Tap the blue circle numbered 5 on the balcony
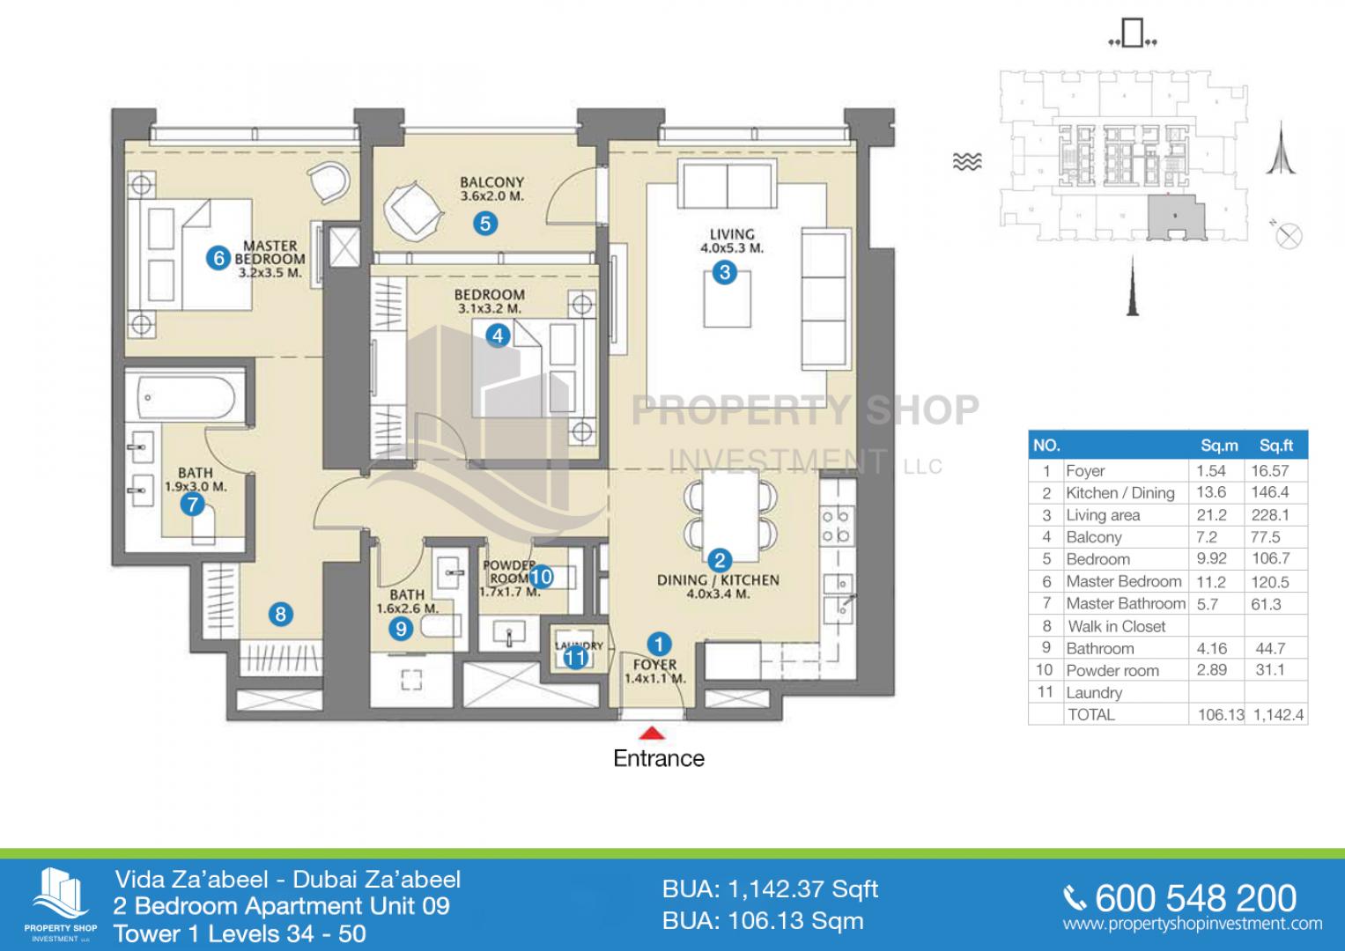[484, 224]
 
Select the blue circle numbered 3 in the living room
[724, 272]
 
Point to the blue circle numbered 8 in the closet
[280, 614]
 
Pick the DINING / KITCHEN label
[718, 580]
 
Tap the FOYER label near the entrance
[654, 665]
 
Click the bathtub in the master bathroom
[186, 401]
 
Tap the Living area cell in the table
[1103, 515]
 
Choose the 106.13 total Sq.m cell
[1218, 715]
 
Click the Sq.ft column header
[1275, 446]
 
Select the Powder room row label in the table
[1112, 670]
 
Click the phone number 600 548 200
[1194, 898]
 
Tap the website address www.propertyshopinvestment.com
[1192, 925]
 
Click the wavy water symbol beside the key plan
[967, 161]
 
